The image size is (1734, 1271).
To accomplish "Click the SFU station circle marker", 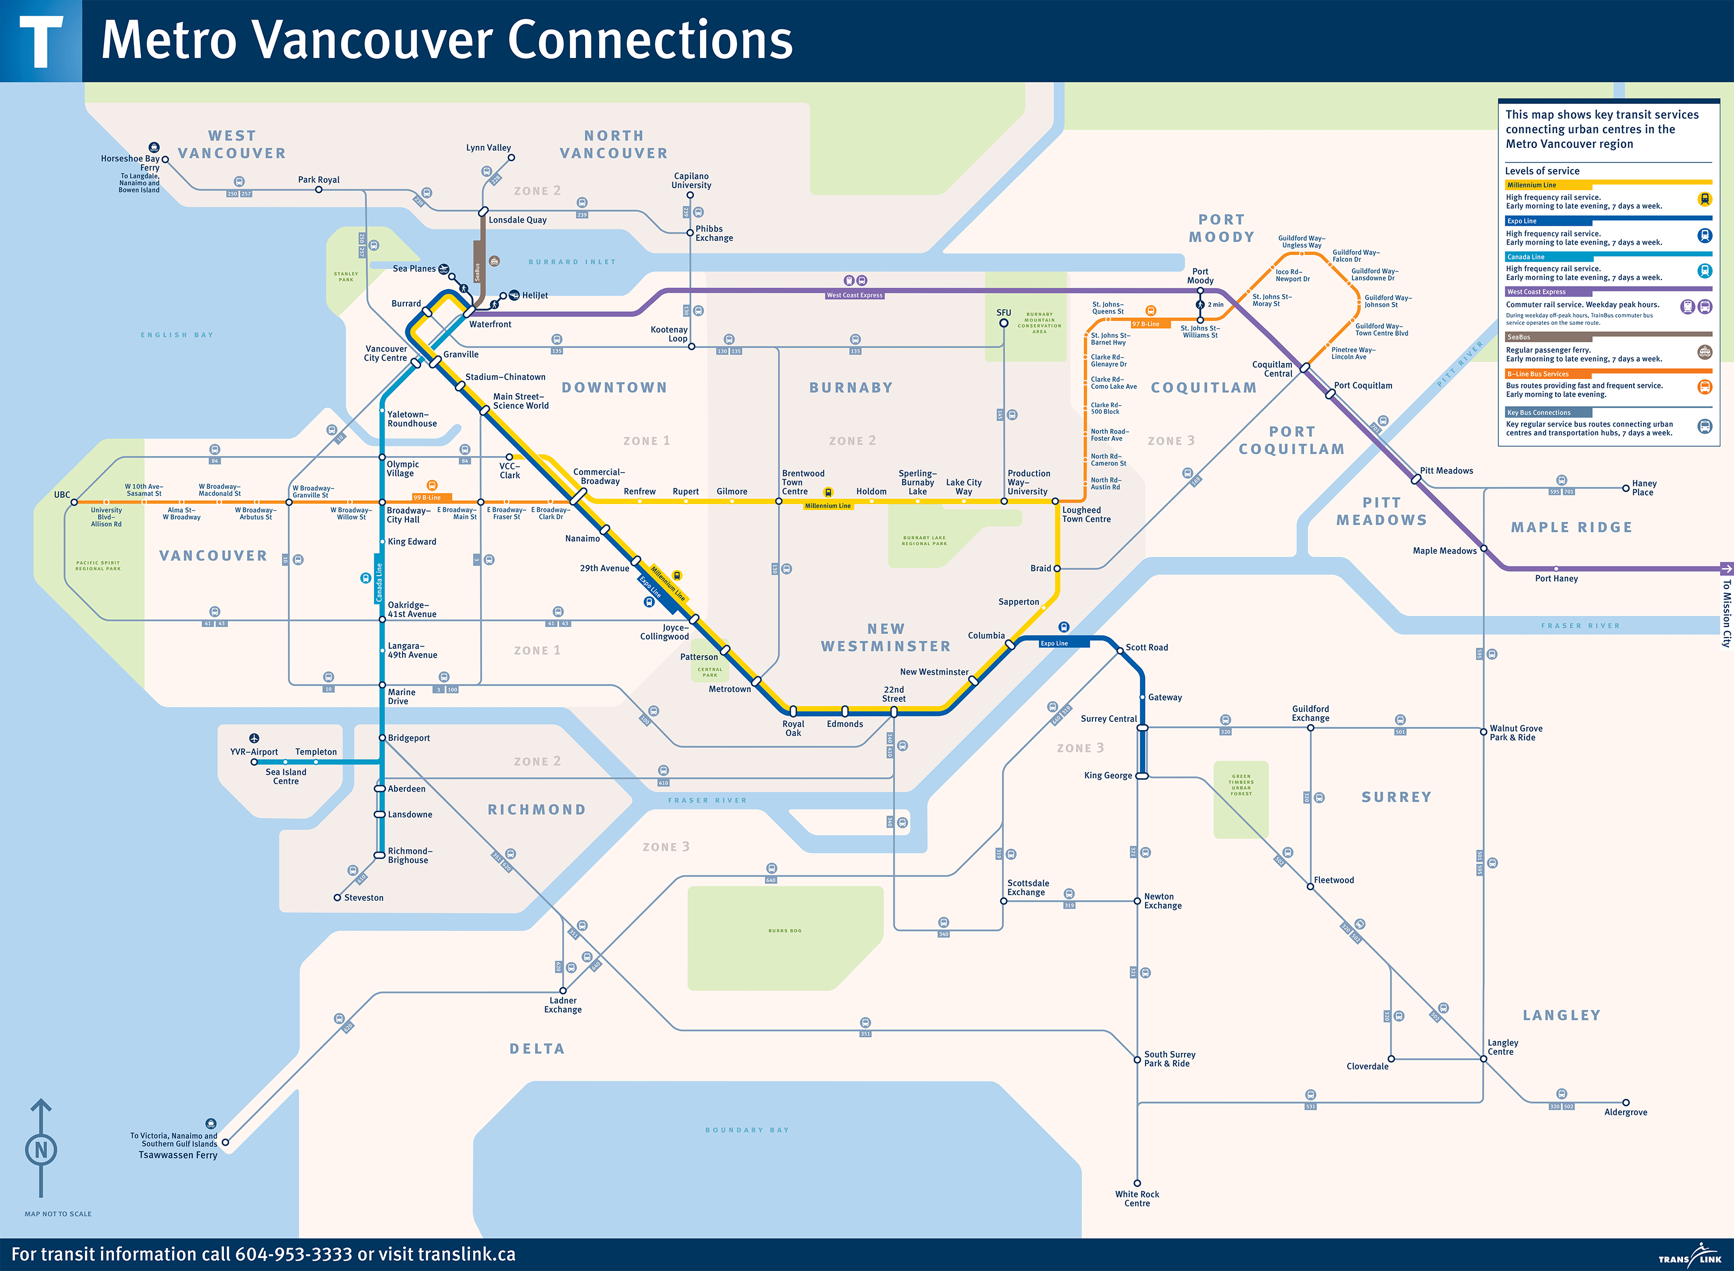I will point(1004,323).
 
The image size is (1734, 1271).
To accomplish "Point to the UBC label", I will point(62,495).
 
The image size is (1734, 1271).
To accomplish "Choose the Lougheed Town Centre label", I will point(1086,514).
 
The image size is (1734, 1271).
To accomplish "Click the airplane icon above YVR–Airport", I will point(254,738).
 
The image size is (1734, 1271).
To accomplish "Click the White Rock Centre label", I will point(1137,1198).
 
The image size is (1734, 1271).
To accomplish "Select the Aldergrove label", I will point(1626,1112).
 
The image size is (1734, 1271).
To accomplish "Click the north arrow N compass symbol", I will point(41,1150).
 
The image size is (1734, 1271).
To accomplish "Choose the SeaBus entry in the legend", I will point(1518,337).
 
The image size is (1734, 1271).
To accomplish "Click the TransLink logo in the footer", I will point(1690,1256).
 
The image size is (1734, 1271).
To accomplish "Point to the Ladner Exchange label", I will point(562,1006).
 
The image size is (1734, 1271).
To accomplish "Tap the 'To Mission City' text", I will point(1726,613).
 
